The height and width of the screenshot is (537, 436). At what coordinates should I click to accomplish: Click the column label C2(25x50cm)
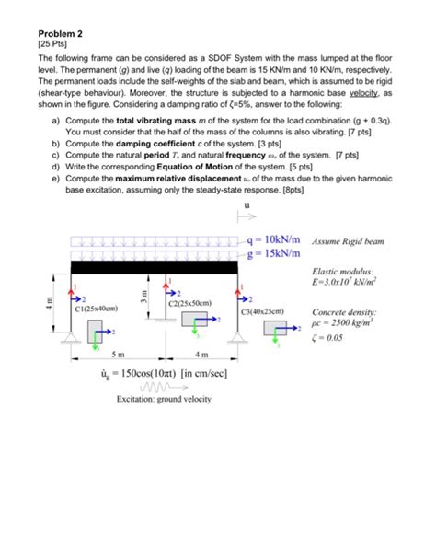pyautogui.click(x=190, y=303)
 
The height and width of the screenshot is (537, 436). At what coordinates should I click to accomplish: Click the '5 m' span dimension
pyautogui.click(x=118, y=356)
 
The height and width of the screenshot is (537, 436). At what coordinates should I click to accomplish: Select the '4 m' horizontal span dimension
pyautogui.click(x=201, y=356)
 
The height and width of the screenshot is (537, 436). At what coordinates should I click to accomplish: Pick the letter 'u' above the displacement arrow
pyautogui.click(x=247, y=206)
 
